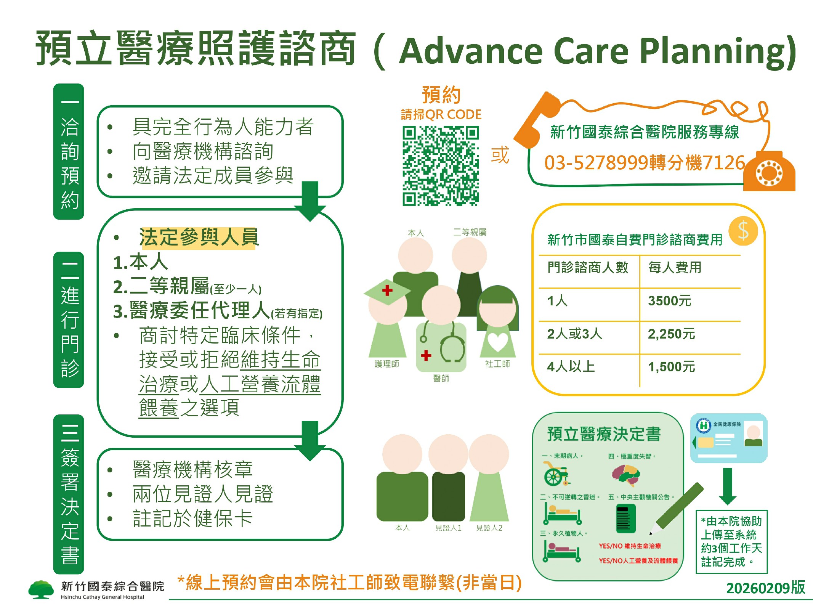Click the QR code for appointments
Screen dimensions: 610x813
tap(440, 166)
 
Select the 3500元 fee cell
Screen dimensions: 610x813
tap(670, 301)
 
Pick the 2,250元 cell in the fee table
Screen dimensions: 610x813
tap(671, 334)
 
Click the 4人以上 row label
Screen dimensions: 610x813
tap(571, 367)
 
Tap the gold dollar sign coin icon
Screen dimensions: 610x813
tap(743, 231)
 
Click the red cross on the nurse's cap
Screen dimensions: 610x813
tap(387, 291)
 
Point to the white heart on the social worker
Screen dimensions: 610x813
tap(497, 341)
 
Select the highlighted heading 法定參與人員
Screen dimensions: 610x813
tap(199, 238)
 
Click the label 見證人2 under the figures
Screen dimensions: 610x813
tap(489, 528)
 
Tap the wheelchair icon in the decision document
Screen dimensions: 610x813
tap(555, 474)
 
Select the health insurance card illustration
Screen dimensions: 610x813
tap(728, 438)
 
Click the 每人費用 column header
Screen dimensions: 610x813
tap(675, 268)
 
